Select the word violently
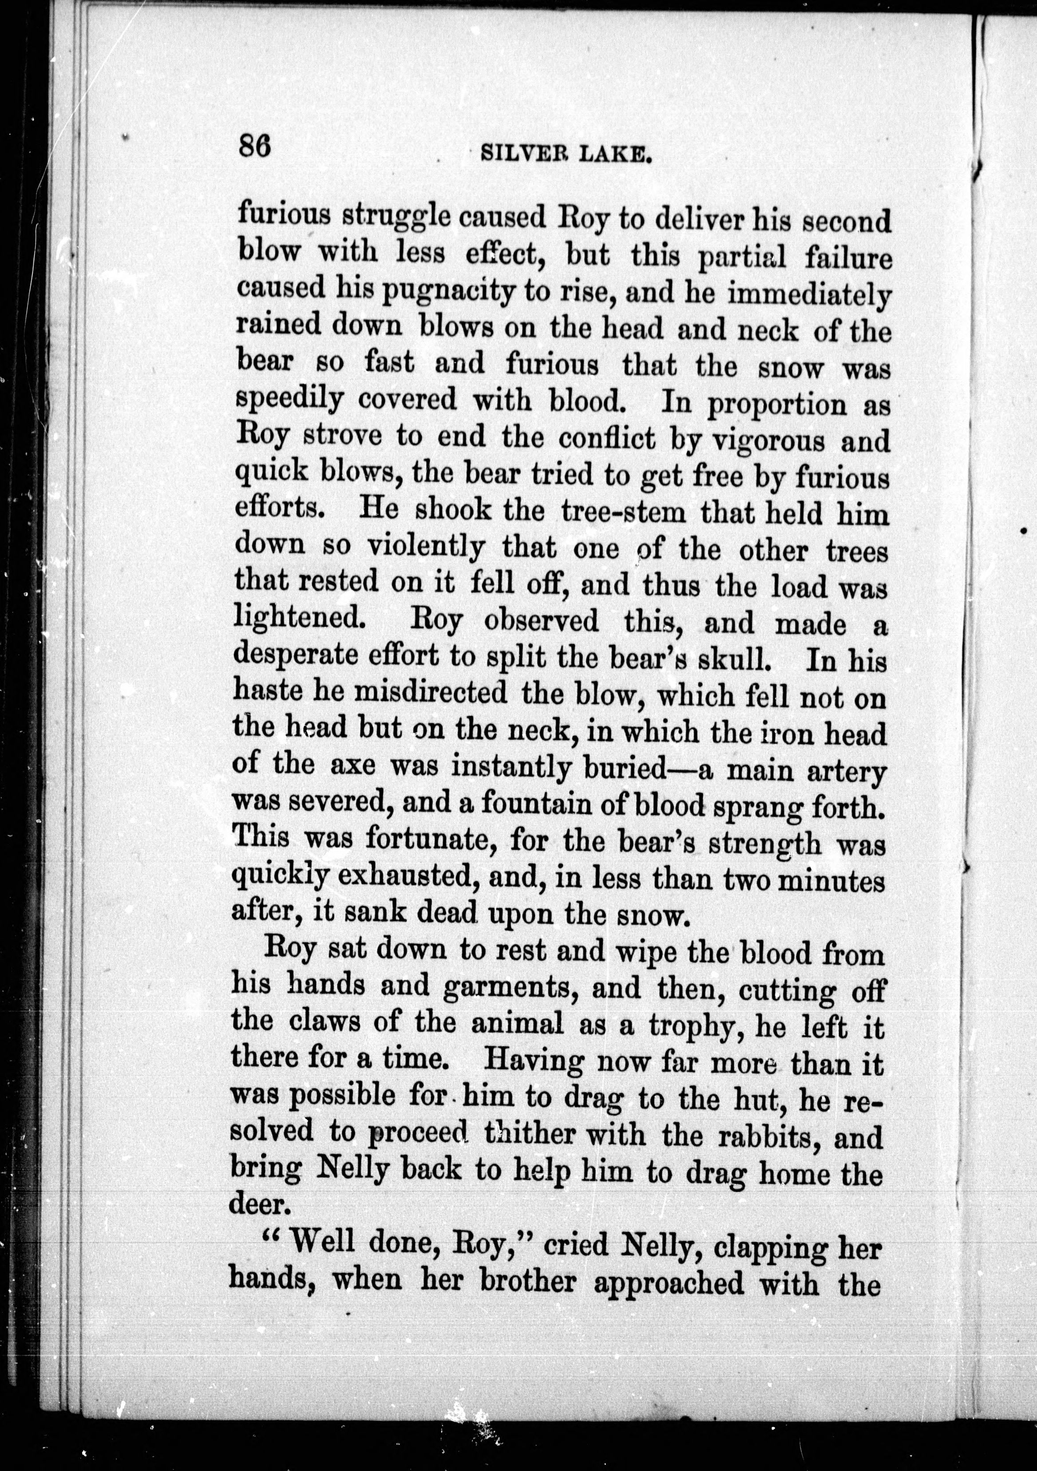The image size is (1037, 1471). coord(425,549)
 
